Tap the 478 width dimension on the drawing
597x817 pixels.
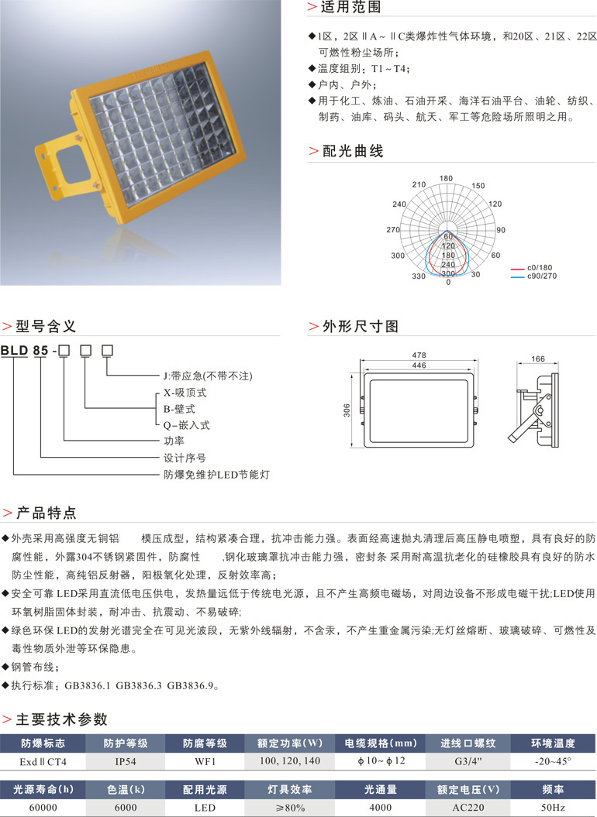click(419, 356)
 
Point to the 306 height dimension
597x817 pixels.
click(347, 410)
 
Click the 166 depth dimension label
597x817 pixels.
click(537, 359)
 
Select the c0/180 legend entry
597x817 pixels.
click(541, 268)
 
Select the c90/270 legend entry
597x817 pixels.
click(542, 276)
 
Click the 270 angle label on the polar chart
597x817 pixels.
click(392, 230)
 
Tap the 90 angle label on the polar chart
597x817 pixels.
click(501, 230)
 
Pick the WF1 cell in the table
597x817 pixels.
click(205, 762)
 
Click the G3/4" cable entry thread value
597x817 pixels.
click(468, 762)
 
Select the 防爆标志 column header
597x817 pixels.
click(43, 743)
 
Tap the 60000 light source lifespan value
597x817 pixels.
click(43, 808)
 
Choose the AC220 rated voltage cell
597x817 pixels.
click(468, 808)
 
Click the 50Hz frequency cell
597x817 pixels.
click(552, 808)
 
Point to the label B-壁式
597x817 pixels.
click(178, 409)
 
